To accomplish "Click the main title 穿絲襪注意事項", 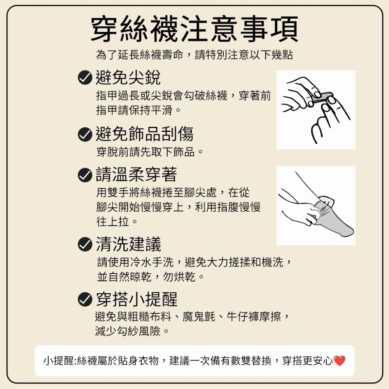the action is click(194, 29).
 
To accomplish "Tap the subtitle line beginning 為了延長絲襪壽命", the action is click(194, 55).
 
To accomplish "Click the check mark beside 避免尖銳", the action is click(85, 78).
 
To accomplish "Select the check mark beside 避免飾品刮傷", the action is click(85, 134).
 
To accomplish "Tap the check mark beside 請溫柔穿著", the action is click(85, 175).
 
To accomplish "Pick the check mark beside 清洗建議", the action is click(85, 244).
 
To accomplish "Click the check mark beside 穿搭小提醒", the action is click(85, 299).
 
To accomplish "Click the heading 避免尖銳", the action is click(128, 77).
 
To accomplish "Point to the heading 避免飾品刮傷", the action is click(145, 134).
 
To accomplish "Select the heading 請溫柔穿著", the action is click(137, 175).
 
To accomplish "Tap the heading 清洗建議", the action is click(128, 244).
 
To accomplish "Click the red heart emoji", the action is click(339, 361).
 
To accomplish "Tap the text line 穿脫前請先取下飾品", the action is click(150, 152).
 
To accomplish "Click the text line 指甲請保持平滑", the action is click(139, 110).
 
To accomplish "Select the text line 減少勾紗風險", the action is click(132, 331).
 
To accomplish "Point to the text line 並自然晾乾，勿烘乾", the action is click(151, 277).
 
